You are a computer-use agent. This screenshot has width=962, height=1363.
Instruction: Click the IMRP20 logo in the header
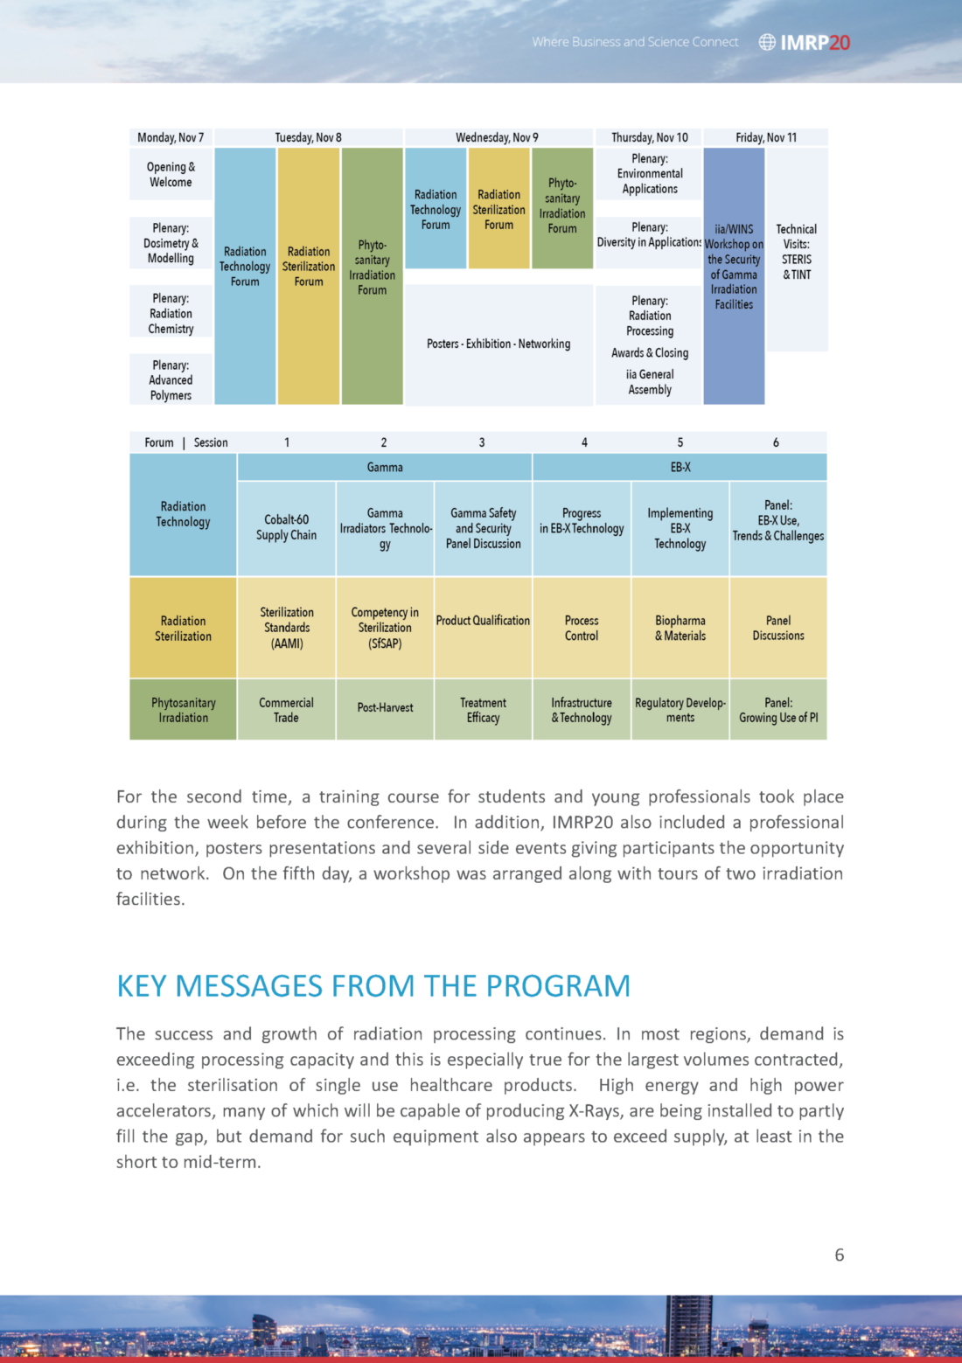pos(805,42)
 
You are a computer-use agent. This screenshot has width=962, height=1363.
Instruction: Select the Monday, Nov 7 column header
pos(171,137)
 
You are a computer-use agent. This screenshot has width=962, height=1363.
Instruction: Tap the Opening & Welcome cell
pos(171,175)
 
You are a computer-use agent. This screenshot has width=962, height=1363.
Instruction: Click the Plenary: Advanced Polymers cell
pos(171,380)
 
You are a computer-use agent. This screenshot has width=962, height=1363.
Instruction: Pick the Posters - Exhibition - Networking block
pos(498,344)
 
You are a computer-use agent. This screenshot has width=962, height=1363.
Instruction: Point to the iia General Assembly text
pos(650,382)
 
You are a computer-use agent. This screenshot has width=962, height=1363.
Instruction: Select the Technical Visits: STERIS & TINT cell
pos(797,252)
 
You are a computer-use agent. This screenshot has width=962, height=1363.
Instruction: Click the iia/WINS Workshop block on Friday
pos(734,267)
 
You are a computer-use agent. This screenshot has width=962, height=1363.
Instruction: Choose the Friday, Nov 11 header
pos(766,137)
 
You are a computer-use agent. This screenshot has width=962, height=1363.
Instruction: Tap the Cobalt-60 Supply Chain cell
pos(286,527)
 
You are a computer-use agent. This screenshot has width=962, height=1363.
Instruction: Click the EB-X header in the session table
pos(680,468)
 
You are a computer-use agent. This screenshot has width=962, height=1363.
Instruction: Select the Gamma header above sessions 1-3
pos(385,468)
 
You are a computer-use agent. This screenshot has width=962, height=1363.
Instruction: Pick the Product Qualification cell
pos(483,621)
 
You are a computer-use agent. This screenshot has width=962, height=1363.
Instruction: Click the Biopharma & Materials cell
pos(680,628)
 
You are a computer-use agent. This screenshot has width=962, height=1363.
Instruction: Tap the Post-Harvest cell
pos(385,708)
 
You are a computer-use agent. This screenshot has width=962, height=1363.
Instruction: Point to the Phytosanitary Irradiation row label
pos(183,710)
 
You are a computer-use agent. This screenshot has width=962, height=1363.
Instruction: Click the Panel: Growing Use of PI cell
pos(777,710)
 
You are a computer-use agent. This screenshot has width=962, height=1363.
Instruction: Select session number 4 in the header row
pos(584,442)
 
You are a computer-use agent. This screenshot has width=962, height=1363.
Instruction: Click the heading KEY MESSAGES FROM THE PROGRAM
pos(373,986)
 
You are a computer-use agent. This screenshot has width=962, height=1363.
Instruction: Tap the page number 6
pos(839,1255)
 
